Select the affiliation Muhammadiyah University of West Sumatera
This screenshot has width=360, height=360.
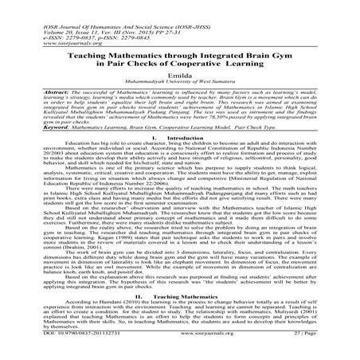[x=179, y=82]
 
